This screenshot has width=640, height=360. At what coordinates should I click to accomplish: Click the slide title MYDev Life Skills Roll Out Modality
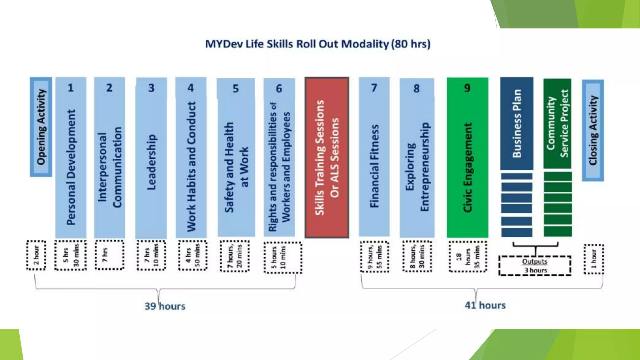[x=317, y=44]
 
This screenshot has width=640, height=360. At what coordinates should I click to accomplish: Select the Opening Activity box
[x=41, y=127]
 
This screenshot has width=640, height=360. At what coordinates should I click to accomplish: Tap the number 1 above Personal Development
[x=71, y=88]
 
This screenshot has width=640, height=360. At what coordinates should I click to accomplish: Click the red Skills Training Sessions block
[x=327, y=157]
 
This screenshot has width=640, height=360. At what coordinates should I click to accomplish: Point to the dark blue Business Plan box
[x=517, y=123]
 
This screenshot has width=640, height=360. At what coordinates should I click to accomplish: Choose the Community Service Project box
[x=557, y=123]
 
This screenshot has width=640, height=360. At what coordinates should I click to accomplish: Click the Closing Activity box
[x=593, y=130]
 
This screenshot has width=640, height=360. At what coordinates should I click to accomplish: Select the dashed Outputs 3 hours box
[x=535, y=266]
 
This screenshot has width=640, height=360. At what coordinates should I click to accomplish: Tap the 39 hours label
[x=165, y=306]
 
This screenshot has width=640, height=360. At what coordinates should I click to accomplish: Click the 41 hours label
[x=485, y=305]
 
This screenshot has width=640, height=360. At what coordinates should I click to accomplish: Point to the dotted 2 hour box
[x=36, y=255]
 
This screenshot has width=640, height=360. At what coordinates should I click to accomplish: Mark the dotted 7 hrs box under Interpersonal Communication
[x=109, y=255]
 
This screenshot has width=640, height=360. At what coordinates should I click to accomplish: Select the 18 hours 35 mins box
[x=468, y=257]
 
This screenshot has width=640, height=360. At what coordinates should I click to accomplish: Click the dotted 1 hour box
[x=594, y=259]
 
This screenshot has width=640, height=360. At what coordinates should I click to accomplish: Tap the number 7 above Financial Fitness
[x=374, y=88]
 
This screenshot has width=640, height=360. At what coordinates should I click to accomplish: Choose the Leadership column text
[x=151, y=162]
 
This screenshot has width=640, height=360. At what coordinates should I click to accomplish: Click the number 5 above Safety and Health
[x=236, y=89]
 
